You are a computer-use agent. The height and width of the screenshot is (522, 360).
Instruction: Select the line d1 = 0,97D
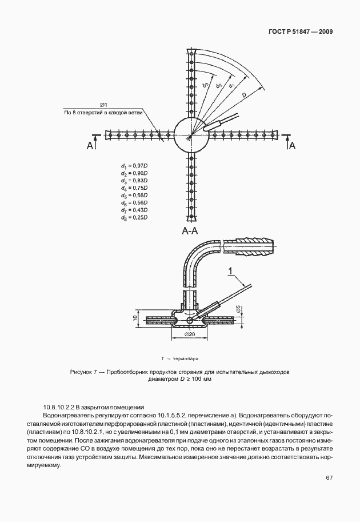pos(134,165)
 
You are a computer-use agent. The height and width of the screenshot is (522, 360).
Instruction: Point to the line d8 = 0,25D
pos(134,217)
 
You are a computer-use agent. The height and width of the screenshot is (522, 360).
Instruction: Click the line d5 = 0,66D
pos(134,195)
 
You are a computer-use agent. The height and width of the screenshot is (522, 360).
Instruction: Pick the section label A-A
pos(190,232)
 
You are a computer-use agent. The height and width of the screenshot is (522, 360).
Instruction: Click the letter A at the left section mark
pos(90,147)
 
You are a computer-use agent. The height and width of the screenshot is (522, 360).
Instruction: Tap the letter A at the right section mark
pos(292,147)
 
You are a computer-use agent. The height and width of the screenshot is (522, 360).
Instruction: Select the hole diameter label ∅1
pos(104,105)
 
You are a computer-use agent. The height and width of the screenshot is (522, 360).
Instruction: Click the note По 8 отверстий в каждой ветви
pos(103,113)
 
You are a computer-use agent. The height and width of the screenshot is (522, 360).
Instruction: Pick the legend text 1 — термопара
pos(180,358)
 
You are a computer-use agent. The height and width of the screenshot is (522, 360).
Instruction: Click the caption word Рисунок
pos(82,372)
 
